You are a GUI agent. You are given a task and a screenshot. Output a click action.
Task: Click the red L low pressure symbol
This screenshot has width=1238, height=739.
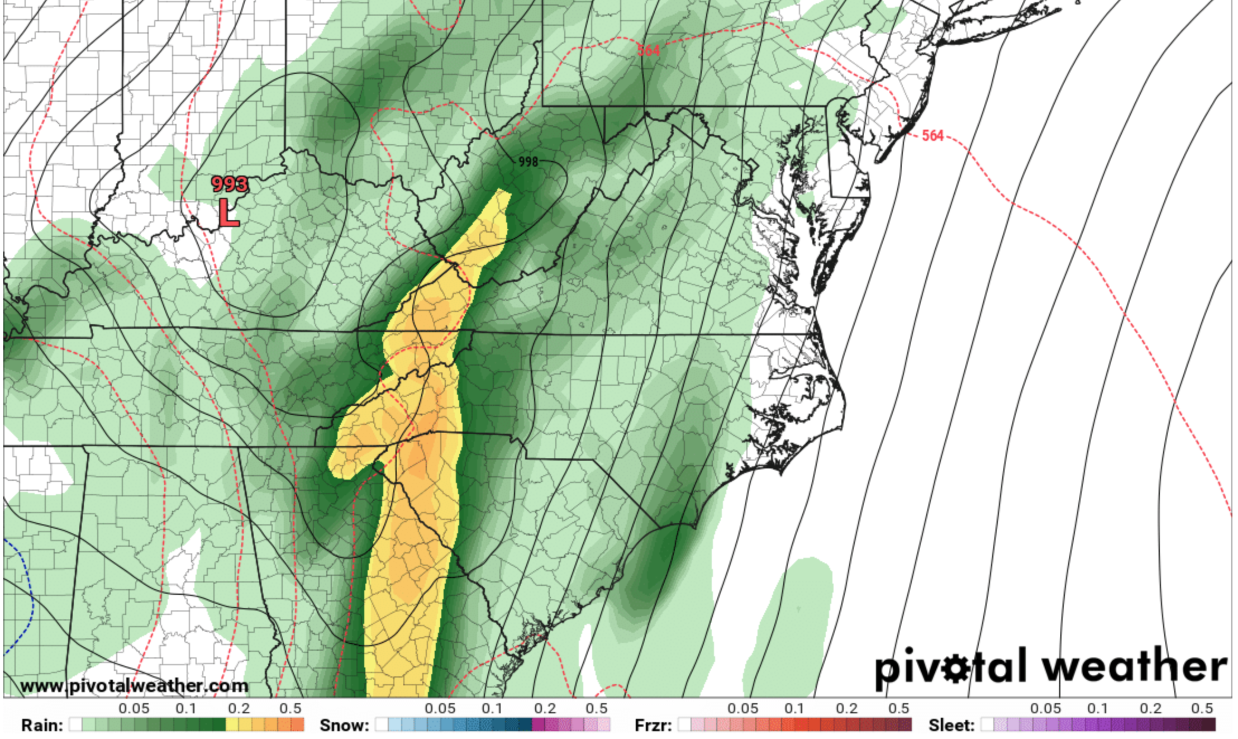coord(228,213)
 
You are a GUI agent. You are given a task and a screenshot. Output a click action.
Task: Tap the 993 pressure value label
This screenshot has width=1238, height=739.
coord(230,184)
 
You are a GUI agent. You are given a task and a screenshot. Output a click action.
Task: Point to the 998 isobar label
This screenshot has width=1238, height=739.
coord(528,162)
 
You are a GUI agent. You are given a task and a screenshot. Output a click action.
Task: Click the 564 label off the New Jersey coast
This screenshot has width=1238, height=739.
coord(932,136)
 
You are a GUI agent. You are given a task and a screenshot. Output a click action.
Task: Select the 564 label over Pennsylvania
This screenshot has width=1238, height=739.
coord(649,50)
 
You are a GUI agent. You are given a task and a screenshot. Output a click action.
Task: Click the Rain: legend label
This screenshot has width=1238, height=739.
coord(42,725)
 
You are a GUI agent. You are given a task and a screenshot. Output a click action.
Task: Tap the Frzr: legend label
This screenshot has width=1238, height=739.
coord(653,725)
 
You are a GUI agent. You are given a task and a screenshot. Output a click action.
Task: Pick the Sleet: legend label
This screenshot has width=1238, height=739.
coord(951,725)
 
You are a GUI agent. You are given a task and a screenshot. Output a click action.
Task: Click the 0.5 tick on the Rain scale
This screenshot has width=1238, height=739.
coord(291,709)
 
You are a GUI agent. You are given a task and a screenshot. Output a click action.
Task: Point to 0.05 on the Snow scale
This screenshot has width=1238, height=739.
coord(440,709)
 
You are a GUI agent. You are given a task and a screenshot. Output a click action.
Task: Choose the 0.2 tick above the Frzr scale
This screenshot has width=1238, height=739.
coord(846,709)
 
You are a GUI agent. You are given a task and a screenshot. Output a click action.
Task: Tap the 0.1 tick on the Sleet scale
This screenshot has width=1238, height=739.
coord(1098,709)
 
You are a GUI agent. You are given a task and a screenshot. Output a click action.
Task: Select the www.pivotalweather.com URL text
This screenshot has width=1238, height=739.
coord(134,686)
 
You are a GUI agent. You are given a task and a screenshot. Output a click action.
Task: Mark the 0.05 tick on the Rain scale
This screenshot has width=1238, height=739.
coord(134,709)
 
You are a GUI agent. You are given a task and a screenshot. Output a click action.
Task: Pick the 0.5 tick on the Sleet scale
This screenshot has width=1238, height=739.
coord(1202,709)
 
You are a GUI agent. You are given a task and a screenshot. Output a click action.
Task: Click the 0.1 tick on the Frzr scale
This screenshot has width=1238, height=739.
coord(794,709)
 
